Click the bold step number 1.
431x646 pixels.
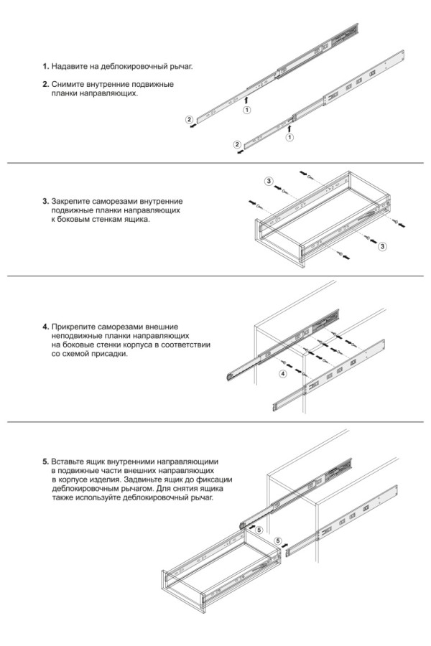point(45,67)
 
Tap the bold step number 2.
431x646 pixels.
point(45,84)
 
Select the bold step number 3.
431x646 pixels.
point(45,201)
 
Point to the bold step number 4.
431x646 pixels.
point(45,327)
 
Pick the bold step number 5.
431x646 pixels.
point(45,461)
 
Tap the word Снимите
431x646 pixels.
point(69,84)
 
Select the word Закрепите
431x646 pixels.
point(73,201)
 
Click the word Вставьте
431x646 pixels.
point(70,461)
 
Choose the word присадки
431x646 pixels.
point(111,354)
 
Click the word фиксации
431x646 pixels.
point(217,479)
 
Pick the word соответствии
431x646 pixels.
point(186,345)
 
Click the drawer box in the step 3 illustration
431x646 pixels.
point(320,215)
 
